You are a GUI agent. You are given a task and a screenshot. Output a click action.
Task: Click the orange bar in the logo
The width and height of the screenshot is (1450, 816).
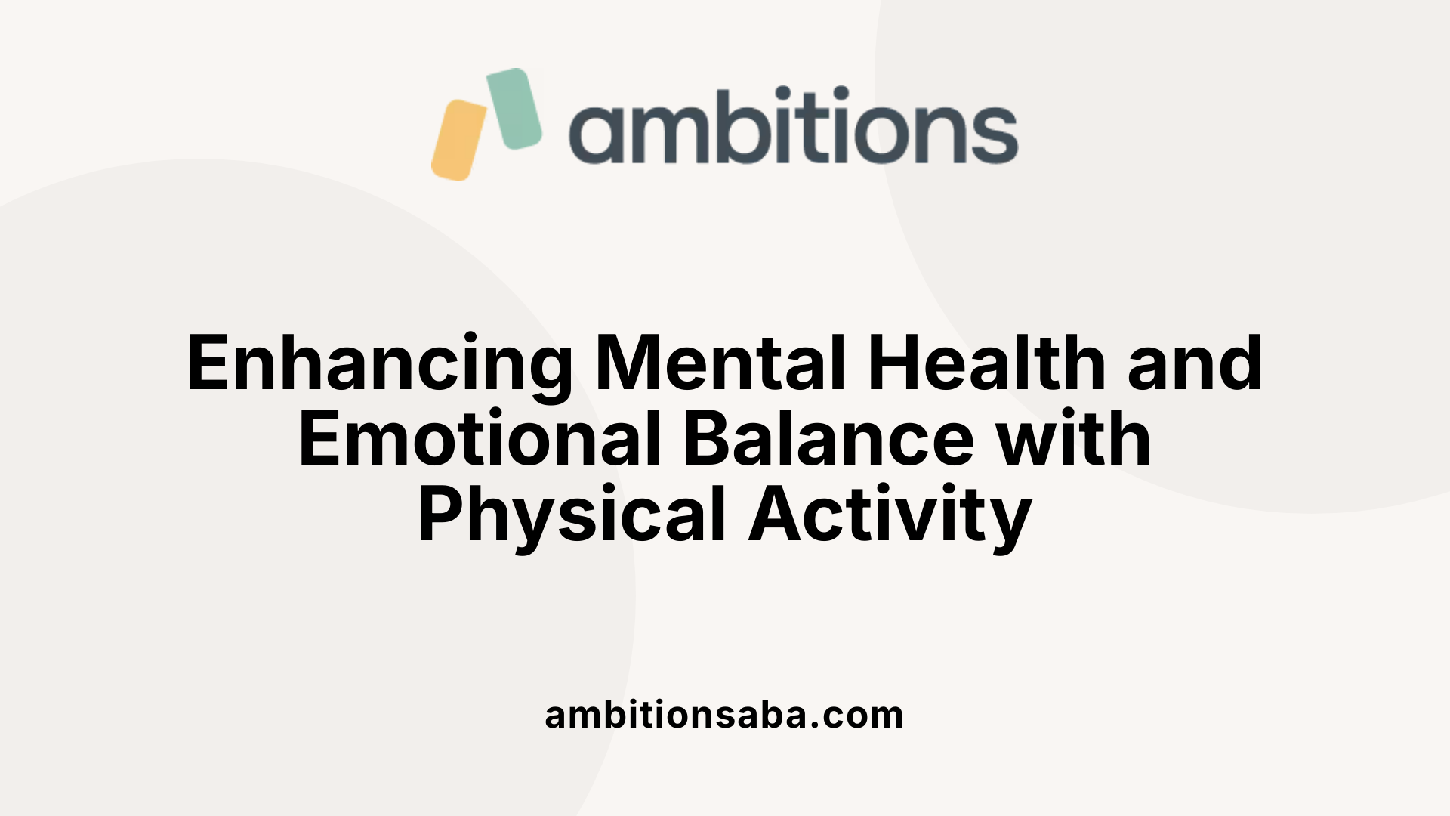click(458, 141)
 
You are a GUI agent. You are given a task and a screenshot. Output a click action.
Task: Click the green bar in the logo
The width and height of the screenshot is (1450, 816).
click(514, 108)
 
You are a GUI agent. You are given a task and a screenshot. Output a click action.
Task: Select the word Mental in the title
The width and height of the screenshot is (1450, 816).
click(720, 363)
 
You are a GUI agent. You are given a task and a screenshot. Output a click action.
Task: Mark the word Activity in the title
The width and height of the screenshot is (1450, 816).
click(890, 515)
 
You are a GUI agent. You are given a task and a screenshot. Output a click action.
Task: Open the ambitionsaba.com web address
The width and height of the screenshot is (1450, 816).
click(723, 715)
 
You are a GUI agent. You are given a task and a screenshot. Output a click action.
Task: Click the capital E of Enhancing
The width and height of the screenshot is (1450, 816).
click(209, 363)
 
